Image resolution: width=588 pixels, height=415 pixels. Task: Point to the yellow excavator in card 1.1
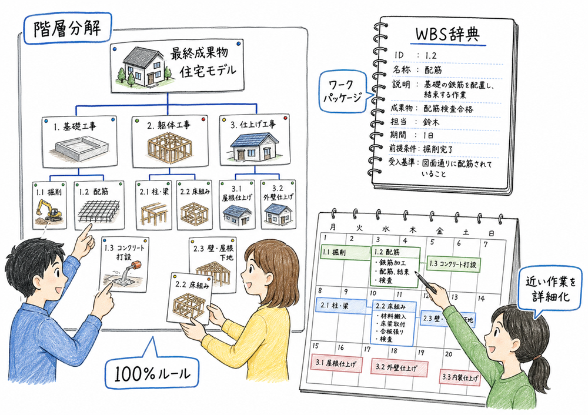(48, 210)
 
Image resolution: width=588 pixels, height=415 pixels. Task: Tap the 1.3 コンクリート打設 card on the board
(123, 264)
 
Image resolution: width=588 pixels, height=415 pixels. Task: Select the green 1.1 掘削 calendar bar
(342, 252)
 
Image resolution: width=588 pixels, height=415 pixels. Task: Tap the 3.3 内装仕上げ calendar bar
(460, 376)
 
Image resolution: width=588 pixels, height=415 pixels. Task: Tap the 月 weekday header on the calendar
(333, 227)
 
